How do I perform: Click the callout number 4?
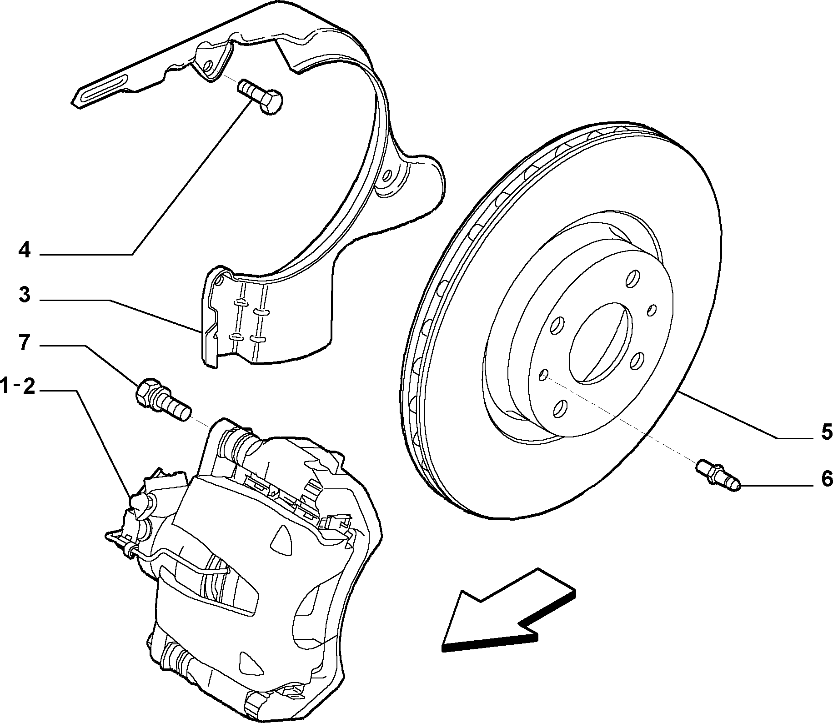click(x=24, y=250)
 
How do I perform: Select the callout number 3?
click(x=25, y=295)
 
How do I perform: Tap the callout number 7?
click(x=25, y=343)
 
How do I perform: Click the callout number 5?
click(x=826, y=432)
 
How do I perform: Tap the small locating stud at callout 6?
click(x=718, y=475)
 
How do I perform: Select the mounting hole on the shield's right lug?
click(x=387, y=175)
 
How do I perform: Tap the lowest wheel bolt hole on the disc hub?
click(x=561, y=408)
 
